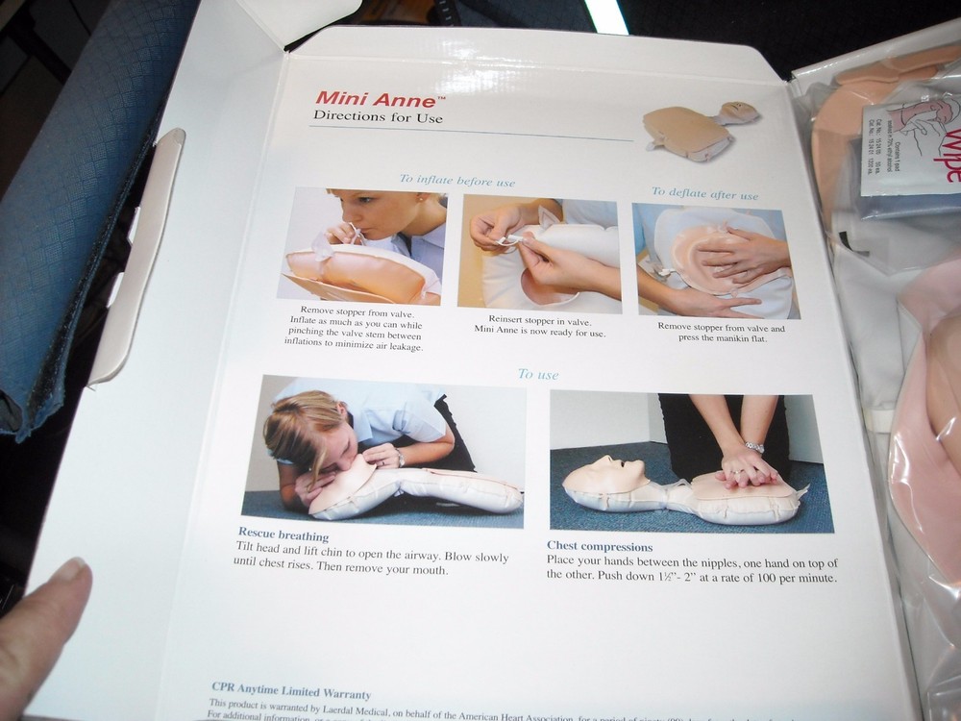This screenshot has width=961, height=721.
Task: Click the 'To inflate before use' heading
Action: point(457,181)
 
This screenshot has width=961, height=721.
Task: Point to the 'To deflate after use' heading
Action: point(704,193)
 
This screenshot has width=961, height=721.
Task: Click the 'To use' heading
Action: point(538,374)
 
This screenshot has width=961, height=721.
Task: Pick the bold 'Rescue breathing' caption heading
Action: point(283,535)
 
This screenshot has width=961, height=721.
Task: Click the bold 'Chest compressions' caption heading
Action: point(600,547)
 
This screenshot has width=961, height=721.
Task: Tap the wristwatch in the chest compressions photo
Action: point(754,447)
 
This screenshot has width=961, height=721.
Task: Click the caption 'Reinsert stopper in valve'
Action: point(539,320)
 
